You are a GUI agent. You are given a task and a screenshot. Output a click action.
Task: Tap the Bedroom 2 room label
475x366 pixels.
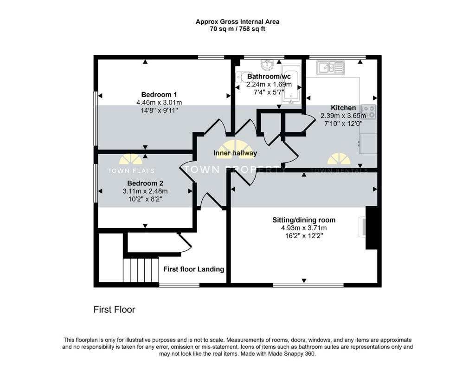(145, 183)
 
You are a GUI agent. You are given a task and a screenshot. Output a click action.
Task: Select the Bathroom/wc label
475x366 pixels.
(269, 76)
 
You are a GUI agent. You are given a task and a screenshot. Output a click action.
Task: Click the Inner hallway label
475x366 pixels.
(235, 153)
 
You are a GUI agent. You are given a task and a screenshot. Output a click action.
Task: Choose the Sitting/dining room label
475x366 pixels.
(303, 220)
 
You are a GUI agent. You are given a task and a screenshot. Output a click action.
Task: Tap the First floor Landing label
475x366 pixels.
(193, 269)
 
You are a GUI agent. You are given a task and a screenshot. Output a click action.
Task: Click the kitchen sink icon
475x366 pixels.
(330, 68)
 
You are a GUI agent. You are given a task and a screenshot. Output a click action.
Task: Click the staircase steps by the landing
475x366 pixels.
(141, 270)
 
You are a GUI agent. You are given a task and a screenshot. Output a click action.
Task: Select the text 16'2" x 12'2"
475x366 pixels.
(303, 236)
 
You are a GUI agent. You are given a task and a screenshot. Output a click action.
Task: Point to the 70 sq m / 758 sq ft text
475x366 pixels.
(237, 29)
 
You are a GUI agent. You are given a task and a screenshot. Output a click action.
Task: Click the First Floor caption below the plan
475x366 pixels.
(114, 309)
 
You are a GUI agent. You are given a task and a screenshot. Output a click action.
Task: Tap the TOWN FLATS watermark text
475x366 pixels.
(131, 170)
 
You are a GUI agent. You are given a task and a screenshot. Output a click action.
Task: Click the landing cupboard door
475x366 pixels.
(185, 242)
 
